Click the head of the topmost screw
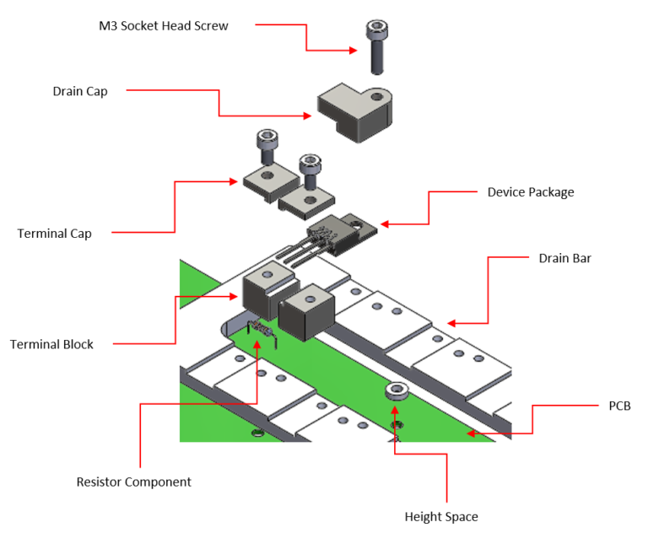(376, 30)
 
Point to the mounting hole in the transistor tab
(356, 224)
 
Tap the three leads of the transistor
(296, 252)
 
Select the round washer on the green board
(397, 390)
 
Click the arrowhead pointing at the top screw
(355, 51)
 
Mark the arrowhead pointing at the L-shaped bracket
(309, 116)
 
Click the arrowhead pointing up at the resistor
(256, 346)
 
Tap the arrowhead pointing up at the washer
(395, 409)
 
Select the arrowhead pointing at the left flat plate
(236, 181)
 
